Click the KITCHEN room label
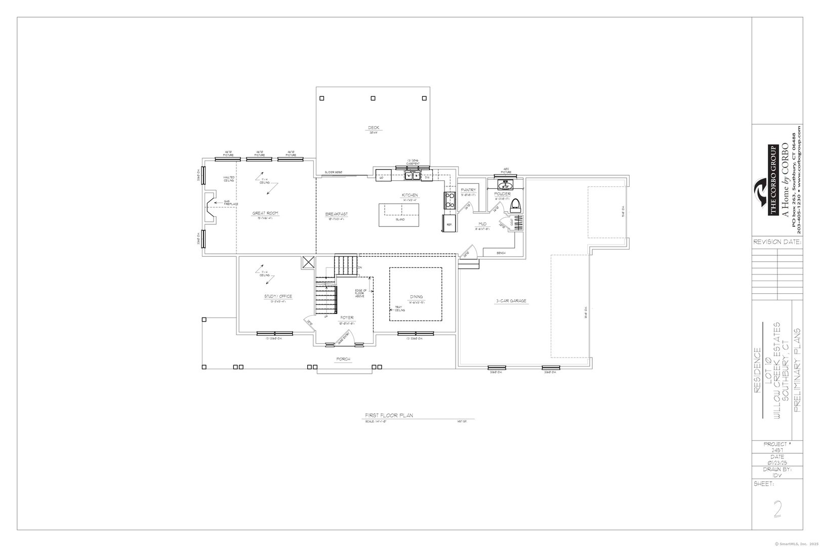pos(410,195)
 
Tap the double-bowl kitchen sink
pos(413,176)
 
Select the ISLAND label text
pos(400,219)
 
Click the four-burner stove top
pos(449,201)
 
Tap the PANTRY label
pos(468,190)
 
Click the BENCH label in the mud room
pos(501,252)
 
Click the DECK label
pos(374,128)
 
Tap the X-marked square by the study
pos(308,262)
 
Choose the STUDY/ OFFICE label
pos(278,296)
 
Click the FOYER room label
pos(347,318)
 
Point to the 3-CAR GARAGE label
pos(511,301)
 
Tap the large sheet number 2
pos(778,508)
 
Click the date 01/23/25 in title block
pos(777,463)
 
